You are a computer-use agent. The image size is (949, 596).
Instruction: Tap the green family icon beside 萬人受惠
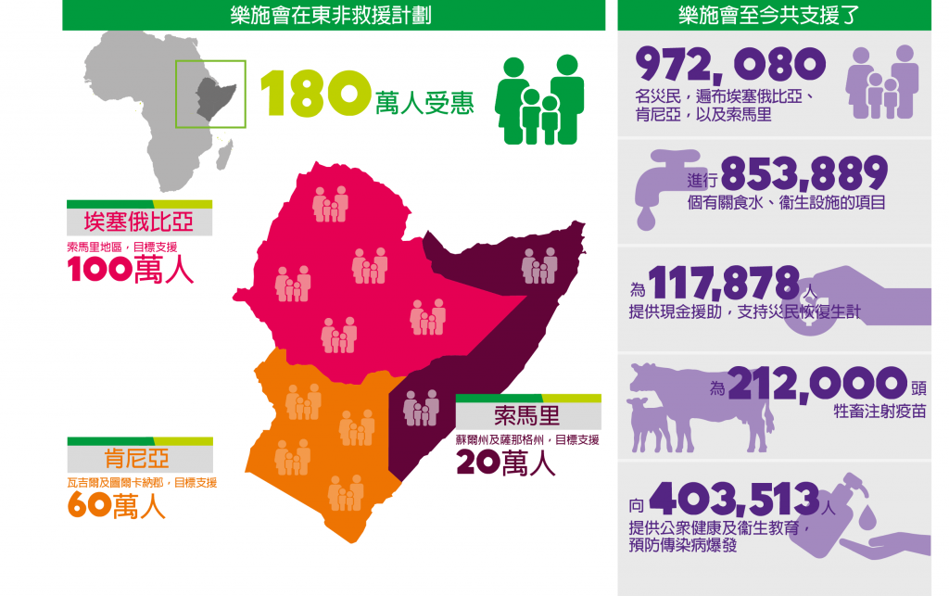pos(539,99)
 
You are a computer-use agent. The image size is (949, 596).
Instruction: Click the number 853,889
pos(803,172)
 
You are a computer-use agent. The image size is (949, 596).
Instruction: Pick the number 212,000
pos(816,383)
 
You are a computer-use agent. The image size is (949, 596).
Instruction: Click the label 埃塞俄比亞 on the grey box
pos(139,223)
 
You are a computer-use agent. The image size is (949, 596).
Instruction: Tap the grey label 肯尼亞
pos(139,460)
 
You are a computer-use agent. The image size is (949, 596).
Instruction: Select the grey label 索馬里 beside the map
pos(527,413)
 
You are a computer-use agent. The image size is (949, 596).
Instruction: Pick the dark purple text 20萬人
pos(505,463)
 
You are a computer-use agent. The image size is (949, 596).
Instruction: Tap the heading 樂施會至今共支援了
pos(773,15)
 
